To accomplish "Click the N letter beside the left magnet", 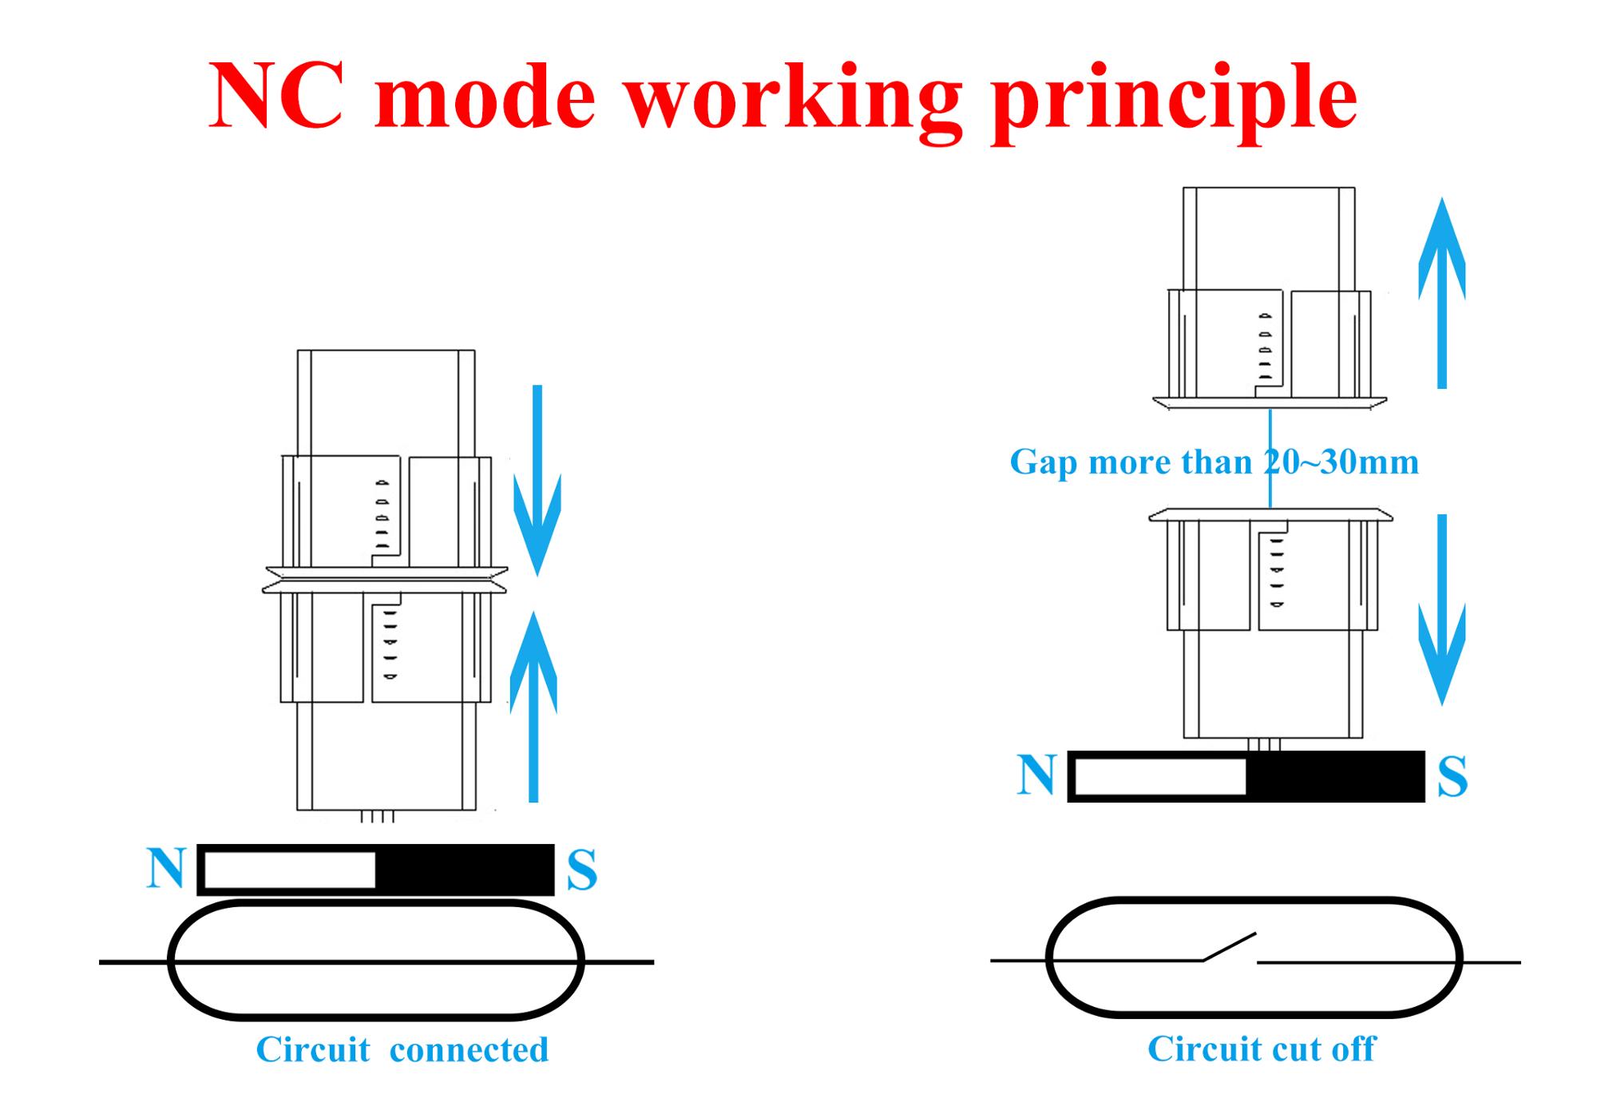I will [x=166, y=868].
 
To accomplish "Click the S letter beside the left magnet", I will [x=582, y=870].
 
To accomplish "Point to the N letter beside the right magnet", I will [x=1036, y=775].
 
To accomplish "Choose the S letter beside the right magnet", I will [x=1452, y=776].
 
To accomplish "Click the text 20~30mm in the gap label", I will [x=1341, y=462].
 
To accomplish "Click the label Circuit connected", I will [x=402, y=1049].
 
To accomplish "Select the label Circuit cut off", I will [x=1262, y=1049].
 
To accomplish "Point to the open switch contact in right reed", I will [x=1230, y=947].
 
